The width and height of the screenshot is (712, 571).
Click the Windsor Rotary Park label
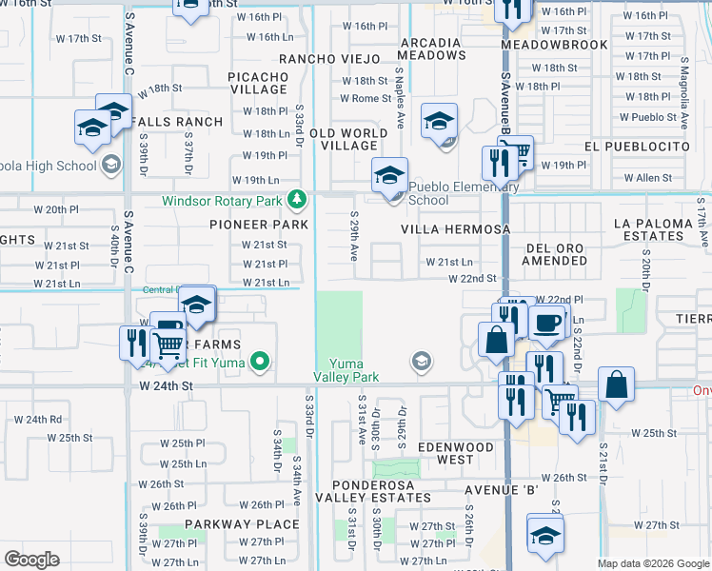pos(222,201)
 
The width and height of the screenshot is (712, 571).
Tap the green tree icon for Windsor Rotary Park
pos(298,200)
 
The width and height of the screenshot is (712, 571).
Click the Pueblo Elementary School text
pos(442,194)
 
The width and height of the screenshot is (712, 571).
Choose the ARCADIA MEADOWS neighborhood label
pos(432,49)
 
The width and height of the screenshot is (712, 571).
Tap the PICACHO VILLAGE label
pos(259,83)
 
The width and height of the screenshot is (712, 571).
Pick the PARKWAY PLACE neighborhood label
pos(242,524)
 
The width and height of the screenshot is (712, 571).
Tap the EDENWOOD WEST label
pos(455,453)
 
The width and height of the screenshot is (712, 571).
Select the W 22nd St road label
pos(472,278)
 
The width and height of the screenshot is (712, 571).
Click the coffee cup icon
pos(546,323)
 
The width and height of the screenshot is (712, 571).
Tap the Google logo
pos(32,559)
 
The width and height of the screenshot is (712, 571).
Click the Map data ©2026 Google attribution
pos(654,563)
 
